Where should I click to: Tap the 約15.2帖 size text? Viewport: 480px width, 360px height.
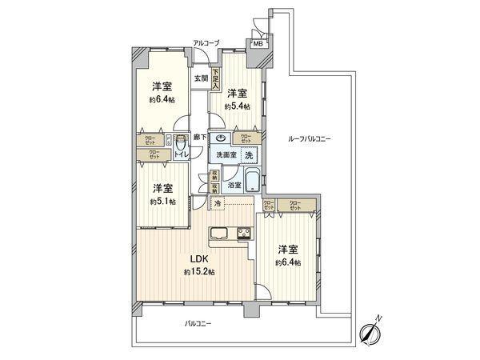point(198,273)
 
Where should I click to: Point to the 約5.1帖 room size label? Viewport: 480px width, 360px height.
point(162,201)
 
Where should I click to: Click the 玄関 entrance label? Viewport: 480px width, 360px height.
point(200,78)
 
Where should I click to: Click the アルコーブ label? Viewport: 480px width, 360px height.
point(206,41)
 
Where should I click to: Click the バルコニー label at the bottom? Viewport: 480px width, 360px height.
point(198,324)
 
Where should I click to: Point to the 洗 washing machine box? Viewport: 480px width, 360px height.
point(249,154)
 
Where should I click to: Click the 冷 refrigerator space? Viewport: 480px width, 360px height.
point(218,206)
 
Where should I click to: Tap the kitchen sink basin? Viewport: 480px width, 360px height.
point(221,234)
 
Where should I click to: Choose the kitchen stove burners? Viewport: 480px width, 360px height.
point(242,234)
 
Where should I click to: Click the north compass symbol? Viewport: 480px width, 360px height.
point(373,330)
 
